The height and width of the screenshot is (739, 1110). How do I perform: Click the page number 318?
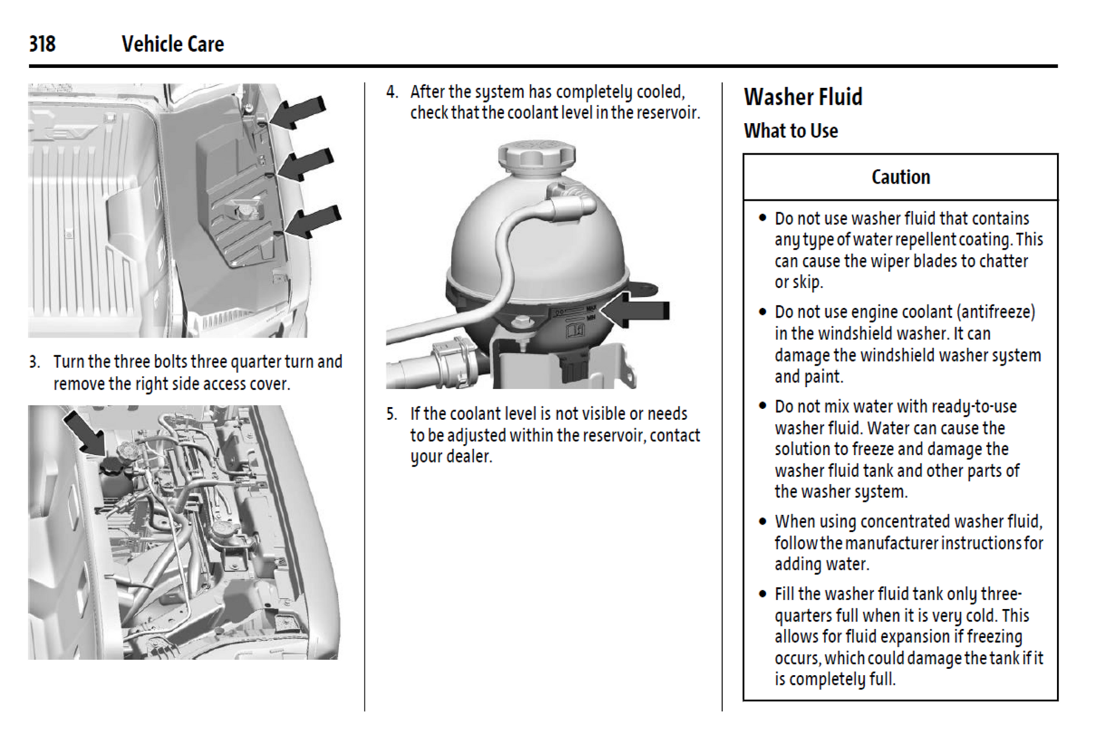(42, 44)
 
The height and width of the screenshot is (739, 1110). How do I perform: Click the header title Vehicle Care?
(172, 44)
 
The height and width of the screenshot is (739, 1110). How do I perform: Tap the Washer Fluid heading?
(803, 97)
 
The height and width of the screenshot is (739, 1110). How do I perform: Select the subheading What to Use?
(791, 131)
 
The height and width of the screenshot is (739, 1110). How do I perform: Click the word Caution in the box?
(900, 177)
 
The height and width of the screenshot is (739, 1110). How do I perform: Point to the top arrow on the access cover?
(298, 112)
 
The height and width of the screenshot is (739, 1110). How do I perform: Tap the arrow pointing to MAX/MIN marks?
(635, 310)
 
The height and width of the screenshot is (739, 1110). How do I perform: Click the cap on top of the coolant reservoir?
(536, 155)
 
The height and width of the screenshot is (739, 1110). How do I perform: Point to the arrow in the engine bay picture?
(83, 432)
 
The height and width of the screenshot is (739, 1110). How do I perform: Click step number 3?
(34, 362)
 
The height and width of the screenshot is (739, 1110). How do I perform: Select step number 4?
(391, 92)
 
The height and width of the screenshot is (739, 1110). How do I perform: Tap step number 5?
(391, 414)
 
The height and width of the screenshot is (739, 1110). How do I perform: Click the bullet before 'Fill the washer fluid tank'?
(763, 594)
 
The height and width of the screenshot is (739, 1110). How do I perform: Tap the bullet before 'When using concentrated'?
(763, 522)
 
